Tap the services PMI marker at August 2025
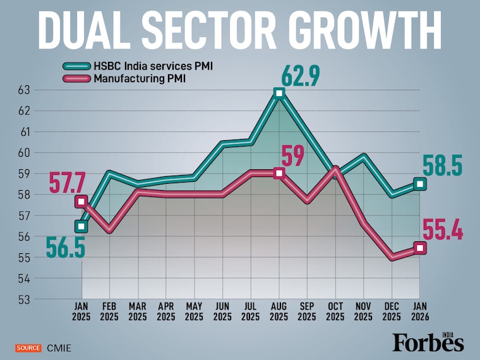point(279,93)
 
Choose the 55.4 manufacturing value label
point(442,232)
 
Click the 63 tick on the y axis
point(24,90)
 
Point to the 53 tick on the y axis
point(24,299)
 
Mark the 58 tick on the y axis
point(24,195)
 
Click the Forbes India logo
point(428,342)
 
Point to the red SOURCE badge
point(28,347)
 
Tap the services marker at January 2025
point(81,226)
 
